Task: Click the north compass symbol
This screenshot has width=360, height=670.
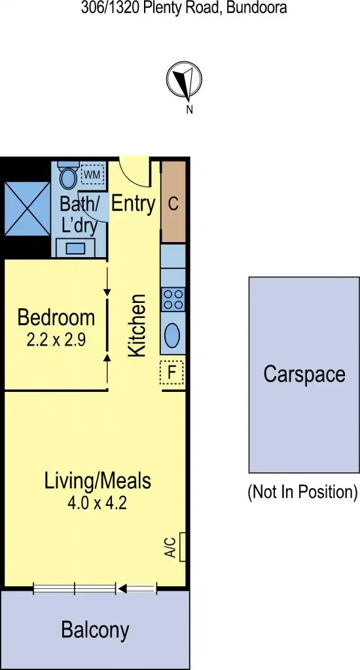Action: point(184,80)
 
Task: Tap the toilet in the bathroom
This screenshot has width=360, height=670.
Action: point(68,175)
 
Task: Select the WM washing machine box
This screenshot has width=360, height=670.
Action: point(92,174)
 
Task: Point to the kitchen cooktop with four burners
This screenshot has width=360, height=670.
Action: point(173,299)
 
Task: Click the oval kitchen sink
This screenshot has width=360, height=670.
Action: point(173,335)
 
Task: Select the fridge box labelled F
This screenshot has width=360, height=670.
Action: point(171,372)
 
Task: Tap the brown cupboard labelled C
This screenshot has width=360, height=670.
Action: point(173,202)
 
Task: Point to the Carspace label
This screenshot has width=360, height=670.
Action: point(304,374)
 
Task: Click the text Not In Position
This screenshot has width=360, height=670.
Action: point(302,492)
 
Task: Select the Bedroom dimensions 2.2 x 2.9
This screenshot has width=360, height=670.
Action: point(56,340)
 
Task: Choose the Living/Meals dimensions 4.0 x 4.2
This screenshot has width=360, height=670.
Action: point(97,503)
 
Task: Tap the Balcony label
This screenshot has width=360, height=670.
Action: point(95,630)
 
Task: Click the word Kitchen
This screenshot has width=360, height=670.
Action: point(137,325)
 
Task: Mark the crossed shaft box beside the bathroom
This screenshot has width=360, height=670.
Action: point(27,208)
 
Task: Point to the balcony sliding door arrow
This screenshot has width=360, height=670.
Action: point(137,589)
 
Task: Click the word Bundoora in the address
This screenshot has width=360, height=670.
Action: point(257,7)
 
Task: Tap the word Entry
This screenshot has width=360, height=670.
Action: point(133,204)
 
